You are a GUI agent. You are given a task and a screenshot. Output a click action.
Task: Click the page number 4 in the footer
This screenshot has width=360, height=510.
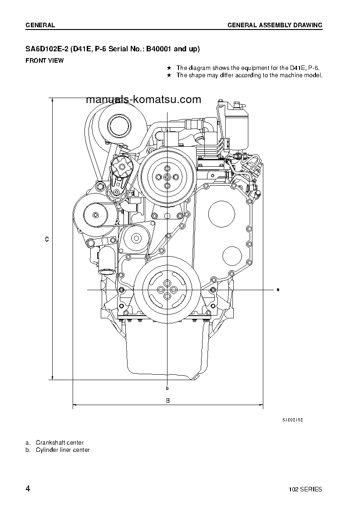point(28,489)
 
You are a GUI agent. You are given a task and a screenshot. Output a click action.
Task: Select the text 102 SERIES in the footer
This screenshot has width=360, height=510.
point(306,489)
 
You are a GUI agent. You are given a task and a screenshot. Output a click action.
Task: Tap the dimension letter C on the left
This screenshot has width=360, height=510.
point(47,239)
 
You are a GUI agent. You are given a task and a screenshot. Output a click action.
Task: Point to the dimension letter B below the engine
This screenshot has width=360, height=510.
point(168,401)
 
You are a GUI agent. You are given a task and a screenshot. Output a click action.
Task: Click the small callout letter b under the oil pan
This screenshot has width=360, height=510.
point(168,388)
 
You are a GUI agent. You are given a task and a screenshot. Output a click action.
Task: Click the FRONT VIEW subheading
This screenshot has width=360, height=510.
point(44,60)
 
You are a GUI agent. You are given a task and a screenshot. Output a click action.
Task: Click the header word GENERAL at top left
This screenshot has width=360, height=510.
point(40,25)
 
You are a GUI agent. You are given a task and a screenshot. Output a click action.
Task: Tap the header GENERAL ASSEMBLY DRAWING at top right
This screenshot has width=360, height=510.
point(275,25)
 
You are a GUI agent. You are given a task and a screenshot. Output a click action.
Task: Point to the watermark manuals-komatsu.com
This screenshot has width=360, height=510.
point(143,99)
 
